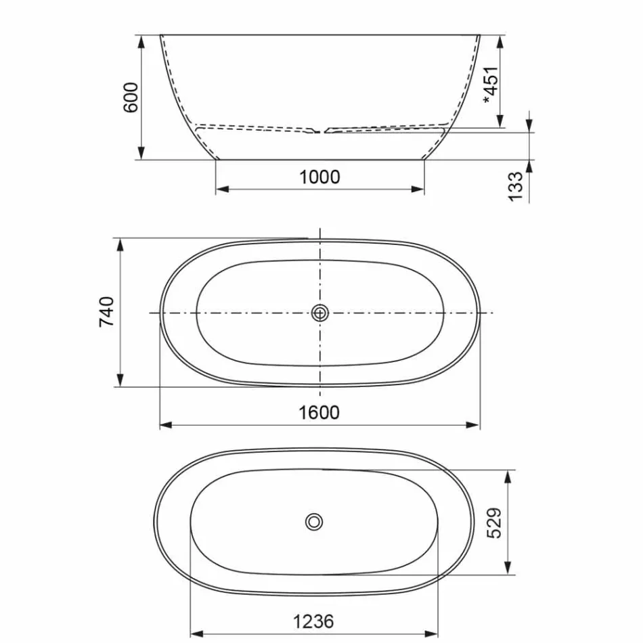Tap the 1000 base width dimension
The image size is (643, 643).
pos(319,177)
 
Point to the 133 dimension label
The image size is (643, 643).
pos(516,186)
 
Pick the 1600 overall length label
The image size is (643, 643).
pos(319,412)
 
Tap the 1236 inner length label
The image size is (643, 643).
pos(313,621)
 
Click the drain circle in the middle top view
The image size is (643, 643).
pos(320,313)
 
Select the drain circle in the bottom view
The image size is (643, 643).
pos(314,522)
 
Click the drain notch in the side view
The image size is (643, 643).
pos(320,130)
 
